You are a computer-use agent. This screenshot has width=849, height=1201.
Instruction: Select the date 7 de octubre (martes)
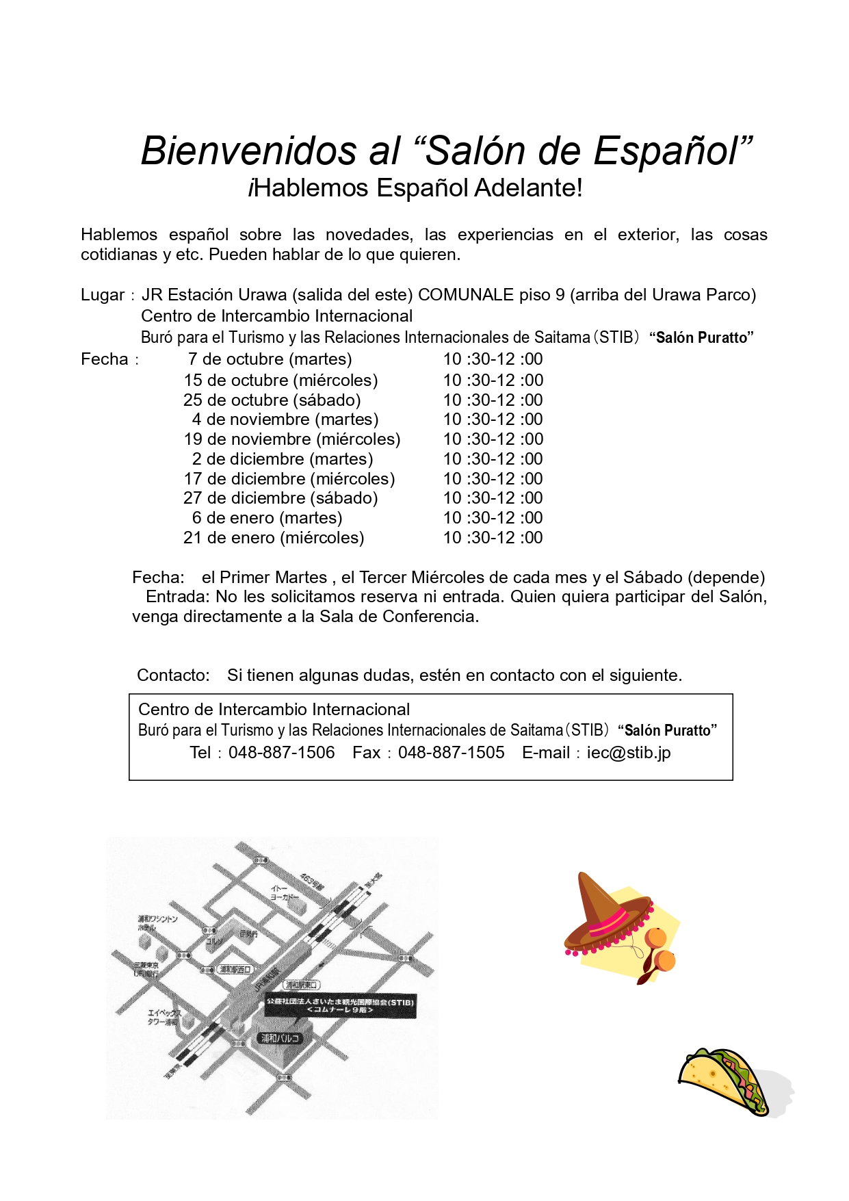click(x=270, y=359)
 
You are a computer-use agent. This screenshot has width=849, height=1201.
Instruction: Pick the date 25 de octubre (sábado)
click(x=272, y=400)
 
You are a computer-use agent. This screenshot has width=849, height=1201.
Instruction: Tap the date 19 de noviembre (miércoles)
click(x=292, y=439)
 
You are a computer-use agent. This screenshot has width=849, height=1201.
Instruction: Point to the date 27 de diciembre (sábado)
click(x=280, y=498)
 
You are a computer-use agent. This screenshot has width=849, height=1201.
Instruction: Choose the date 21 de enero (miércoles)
click(x=274, y=538)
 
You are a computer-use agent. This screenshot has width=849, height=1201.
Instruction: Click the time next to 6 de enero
click(x=493, y=518)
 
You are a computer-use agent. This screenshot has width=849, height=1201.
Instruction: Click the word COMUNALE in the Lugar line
click(x=465, y=295)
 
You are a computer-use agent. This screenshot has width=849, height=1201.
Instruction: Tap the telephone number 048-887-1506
click(x=281, y=753)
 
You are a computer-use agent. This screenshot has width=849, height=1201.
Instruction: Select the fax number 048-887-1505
click(x=451, y=753)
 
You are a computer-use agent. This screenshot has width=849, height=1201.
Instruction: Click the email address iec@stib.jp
click(x=628, y=753)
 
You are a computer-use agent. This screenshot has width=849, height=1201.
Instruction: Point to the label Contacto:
click(x=173, y=675)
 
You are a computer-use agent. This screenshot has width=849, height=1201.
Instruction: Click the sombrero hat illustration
click(x=605, y=914)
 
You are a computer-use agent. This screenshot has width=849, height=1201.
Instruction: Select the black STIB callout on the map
click(x=340, y=1005)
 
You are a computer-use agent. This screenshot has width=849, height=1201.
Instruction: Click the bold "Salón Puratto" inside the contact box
click(x=667, y=731)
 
